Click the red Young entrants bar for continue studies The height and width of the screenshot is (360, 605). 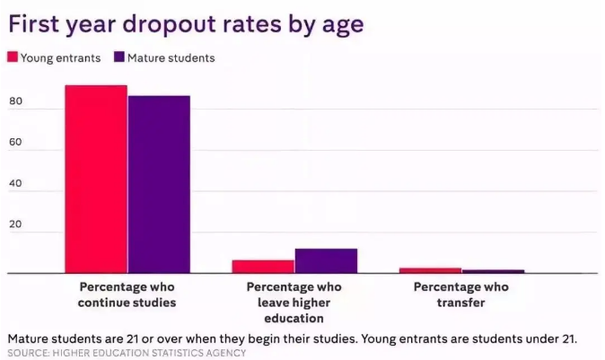(95, 180)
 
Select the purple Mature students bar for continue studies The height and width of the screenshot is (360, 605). (159, 184)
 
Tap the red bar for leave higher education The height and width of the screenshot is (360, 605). (263, 267)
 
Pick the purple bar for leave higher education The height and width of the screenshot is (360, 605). (326, 260)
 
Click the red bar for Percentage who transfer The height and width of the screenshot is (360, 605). (430, 270)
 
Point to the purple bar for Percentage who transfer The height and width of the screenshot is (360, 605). (493, 271)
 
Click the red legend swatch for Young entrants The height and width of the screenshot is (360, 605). (13, 57)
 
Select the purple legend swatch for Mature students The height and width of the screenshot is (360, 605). (119, 57)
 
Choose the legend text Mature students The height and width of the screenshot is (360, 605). (171, 58)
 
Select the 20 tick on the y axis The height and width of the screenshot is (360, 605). (15, 232)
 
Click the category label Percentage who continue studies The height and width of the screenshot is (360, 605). (127, 294)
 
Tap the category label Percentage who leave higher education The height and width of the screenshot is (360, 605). (294, 302)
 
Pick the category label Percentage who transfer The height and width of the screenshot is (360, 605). (461, 294)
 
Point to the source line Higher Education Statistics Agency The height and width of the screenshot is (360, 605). (126, 353)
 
